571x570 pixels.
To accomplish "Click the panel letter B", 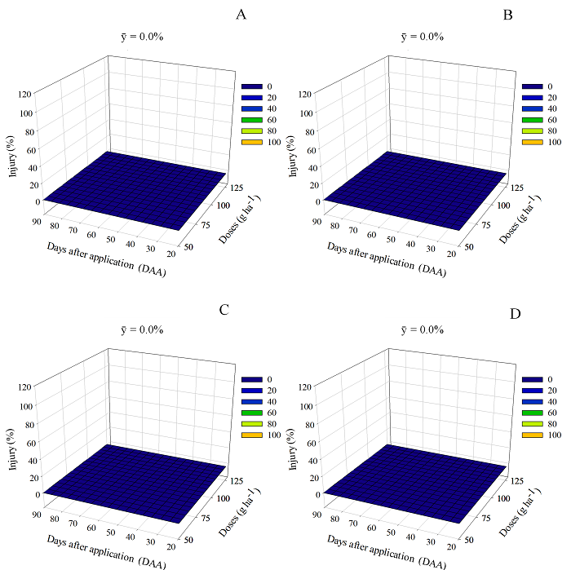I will [508, 15].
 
